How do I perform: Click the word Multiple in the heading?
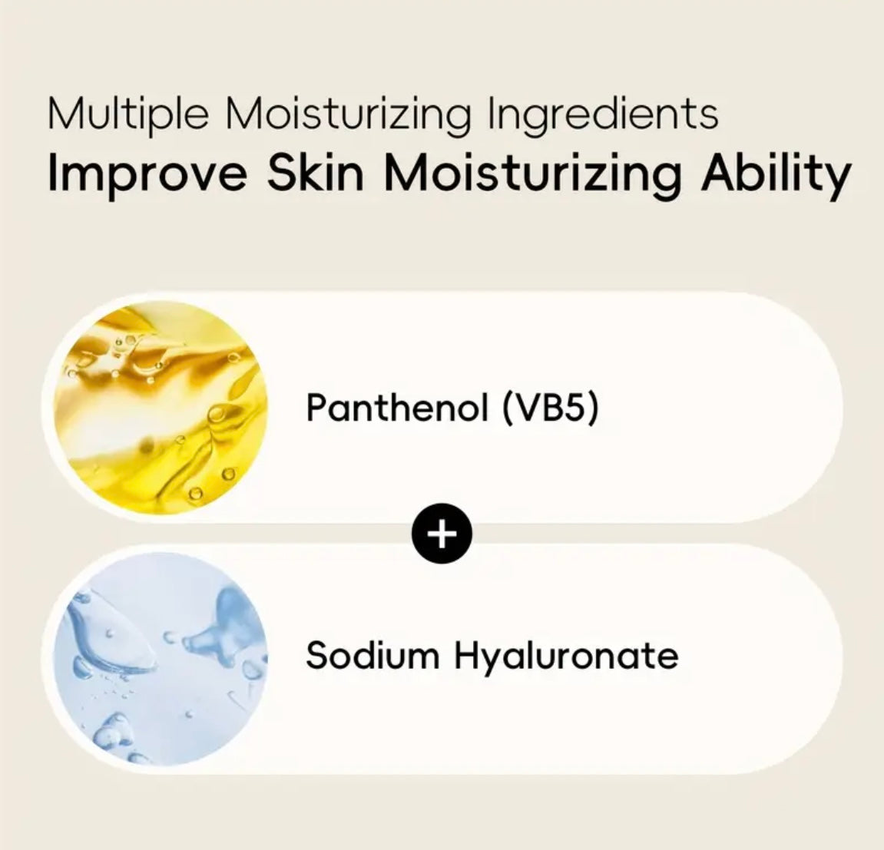pyautogui.click(x=128, y=114)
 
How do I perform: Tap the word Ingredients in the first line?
pyautogui.click(x=602, y=114)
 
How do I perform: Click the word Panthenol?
pyautogui.click(x=396, y=407)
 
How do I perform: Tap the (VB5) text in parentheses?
pyautogui.click(x=550, y=408)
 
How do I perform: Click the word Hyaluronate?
pyautogui.click(x=566, y=656)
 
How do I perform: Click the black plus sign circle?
pyautogui.click(x=442, y=533)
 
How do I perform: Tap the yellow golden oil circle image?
pyautogui.click(x=160, y=408)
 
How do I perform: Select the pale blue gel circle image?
pyautogui.click(x=160, y=659)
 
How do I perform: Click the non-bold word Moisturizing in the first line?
pyautogui.click(x=348, y=114)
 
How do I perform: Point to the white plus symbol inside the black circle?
pyautogui.click(x=442, y=533)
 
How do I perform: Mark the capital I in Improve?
pyautogui.click(x=52, y=172)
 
